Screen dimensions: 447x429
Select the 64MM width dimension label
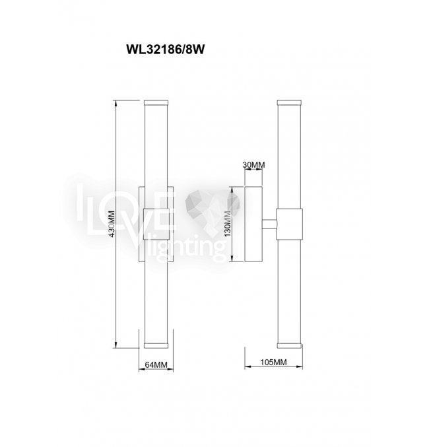coord(156,363)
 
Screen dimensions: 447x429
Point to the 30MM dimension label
coord(253,164)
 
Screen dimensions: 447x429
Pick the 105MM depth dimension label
coord(273,362)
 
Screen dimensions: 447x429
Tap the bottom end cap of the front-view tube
coord(156,345)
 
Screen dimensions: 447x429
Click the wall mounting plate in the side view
coord(253,224)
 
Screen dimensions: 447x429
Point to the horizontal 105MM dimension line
coord(273,369)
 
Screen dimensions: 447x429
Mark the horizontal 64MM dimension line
coord(156,370)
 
